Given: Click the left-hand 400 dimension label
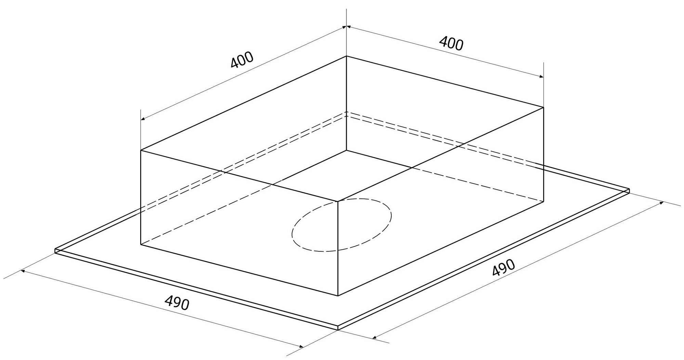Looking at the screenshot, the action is (x=242, y=60).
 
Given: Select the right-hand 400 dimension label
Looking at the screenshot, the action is (x=451, y=44).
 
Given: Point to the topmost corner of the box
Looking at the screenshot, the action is (x=346, y=56).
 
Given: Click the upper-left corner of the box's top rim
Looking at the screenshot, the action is (x=141, y=150).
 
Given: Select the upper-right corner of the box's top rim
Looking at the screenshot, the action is (x=543, y=107).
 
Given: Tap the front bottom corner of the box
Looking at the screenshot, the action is (x=338, y=296).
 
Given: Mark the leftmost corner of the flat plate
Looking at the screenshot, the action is (x=55, y=251).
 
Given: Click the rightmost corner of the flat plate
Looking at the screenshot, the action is (x=629, y=190).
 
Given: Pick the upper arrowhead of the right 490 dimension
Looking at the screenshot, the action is (x=662, y=203).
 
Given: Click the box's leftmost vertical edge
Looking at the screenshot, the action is (x=141, y=198).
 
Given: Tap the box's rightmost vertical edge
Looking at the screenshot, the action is (x=543, y=154).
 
